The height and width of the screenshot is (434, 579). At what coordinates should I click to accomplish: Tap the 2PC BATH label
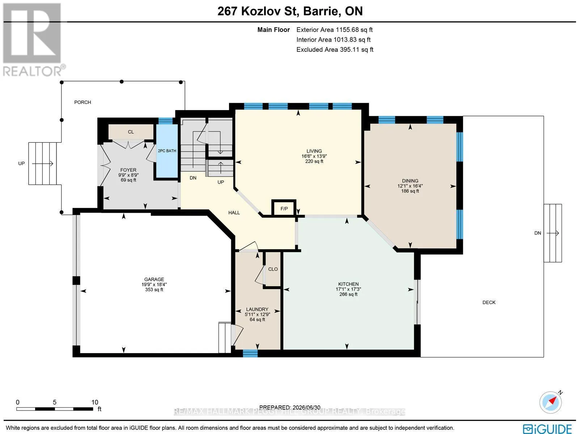click(167, 151)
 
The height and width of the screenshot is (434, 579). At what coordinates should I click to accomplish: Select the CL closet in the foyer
click(131, 132)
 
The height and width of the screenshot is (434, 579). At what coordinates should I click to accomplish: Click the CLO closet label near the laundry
click(273, 269)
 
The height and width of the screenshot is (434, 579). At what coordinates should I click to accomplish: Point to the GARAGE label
click(154, 279)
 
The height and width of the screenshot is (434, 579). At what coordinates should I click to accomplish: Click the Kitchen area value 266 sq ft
click(348, 294)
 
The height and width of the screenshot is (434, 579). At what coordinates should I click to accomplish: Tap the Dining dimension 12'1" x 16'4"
click(410, 186)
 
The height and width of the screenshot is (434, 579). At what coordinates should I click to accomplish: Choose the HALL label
click(234, 213)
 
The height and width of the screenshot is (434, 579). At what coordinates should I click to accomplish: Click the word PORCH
click(83, 102)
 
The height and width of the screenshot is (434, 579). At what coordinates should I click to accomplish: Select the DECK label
click(489, 302)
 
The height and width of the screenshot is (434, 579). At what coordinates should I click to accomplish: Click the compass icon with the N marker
click(551, 402)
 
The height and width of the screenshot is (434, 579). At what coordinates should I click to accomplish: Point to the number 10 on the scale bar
click(95, 402)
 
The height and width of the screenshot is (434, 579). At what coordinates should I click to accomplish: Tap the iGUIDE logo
click(548, 428)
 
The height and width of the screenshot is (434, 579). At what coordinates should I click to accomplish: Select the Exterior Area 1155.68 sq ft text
click(334, 30)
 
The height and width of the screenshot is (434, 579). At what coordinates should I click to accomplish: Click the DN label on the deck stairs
click(538, 233)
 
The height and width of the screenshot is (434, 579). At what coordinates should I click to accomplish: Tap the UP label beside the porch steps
click(21, 163)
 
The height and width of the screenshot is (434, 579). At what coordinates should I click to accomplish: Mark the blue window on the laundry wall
click(250, 353)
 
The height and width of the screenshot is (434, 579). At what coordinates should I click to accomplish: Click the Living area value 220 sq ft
click(314, 161)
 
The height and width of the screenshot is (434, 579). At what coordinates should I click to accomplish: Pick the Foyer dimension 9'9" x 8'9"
click(128, 175)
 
